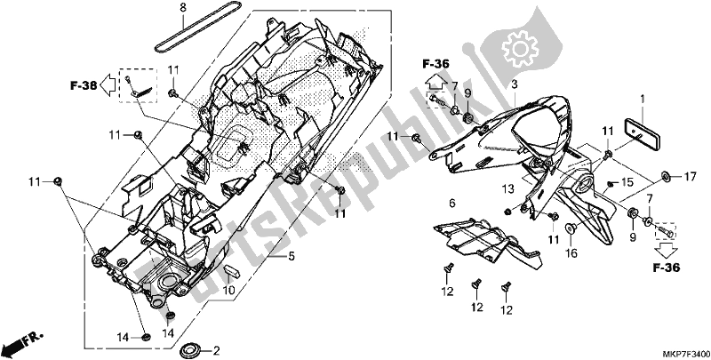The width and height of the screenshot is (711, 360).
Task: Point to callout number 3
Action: click(514, 84)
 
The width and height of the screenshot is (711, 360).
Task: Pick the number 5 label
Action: click(290, 257)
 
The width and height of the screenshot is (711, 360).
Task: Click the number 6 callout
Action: click(451, 204)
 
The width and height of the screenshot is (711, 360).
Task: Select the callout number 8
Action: click(182, 8)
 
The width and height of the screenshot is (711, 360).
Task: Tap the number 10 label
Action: click(229, 291)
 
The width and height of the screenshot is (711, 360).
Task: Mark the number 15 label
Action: click(627, 182)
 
